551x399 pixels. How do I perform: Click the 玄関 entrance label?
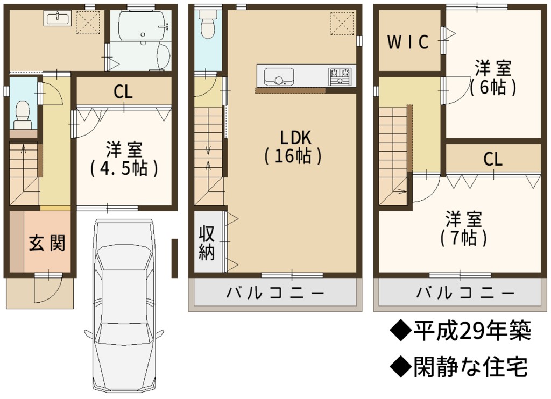coord(47,243)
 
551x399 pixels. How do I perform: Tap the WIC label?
coord(408,42)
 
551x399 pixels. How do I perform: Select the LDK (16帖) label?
coord(294,147)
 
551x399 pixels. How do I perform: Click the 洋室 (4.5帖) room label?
coord(124,159)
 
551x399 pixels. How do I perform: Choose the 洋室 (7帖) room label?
coord(463,229)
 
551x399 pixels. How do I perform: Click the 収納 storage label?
coord(207,242)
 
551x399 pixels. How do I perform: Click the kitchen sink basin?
coord(279,76)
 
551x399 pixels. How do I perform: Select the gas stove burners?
coord(340,76)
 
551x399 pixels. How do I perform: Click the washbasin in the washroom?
coord(58,18)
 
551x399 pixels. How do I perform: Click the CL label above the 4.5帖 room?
coord(123,92)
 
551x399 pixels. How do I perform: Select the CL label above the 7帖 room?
coord(493,159)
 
